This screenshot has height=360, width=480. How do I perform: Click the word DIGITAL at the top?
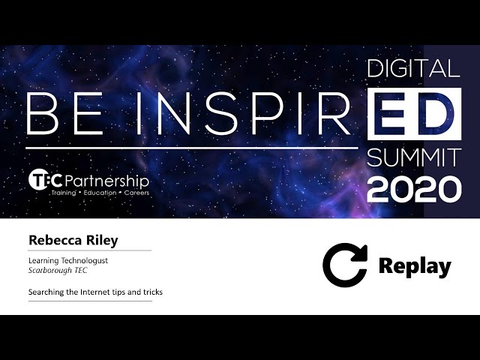click(413, 68)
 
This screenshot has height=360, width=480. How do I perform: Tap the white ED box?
click(414, 114)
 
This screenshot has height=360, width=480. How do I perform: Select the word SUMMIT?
click(414, 157)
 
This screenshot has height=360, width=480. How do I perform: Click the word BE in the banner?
click(65, 113)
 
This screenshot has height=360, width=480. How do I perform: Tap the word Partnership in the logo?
click(106, 181)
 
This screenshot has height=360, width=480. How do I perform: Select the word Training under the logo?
click(64, 193)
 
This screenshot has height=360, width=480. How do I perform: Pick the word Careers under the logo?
click(136, 193)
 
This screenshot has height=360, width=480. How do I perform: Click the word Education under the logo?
click(100, 193)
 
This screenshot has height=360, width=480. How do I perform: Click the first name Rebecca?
click(55, 240)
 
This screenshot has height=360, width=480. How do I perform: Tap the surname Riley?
click(102, 241)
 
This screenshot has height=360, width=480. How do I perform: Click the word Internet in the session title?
click(95, 292)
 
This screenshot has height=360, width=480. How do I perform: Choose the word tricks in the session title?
click(153, 292)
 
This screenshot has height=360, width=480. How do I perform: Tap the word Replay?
click(415, 266)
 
